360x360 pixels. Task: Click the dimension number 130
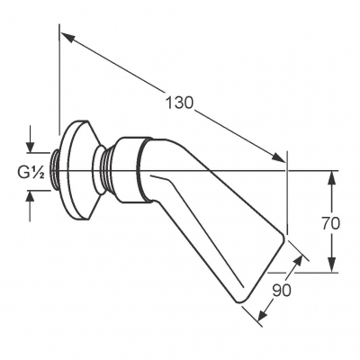(180, 103)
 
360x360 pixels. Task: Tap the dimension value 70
(331, 223)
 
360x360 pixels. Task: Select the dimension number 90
(282, 290)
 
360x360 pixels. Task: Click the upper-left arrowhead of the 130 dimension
(67, 38)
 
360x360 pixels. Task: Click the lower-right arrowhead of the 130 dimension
(278, 157)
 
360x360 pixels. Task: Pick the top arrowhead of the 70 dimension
(331, 178)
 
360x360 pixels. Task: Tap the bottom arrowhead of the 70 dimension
(331, 265)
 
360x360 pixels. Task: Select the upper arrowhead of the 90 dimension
(297, 261)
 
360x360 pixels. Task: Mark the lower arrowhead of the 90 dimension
(263, 312)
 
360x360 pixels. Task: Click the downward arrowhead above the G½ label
(30, 145)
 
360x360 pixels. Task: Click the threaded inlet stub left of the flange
(55, 171)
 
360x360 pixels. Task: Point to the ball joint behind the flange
(98, 170)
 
